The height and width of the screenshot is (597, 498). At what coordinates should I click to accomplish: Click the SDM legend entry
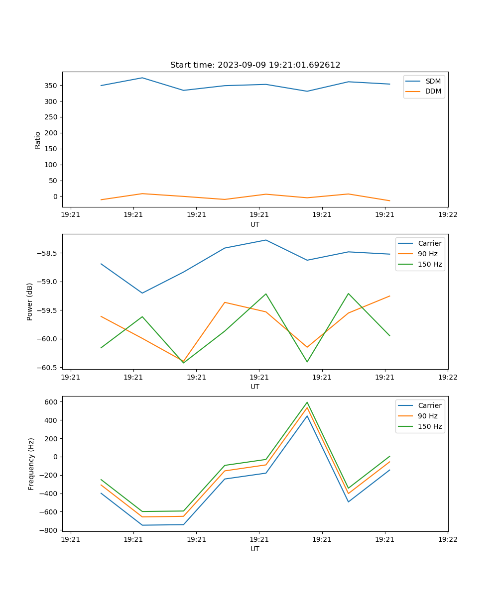(x=433, y=81)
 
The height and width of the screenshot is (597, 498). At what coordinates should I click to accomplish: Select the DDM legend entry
(x=433, y=92)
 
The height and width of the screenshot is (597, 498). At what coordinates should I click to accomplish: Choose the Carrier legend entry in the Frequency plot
(x=429, y=405)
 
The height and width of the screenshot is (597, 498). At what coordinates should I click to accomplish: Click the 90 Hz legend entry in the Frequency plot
(x=427, y=416)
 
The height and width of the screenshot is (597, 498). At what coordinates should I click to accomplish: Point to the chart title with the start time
(x=255, y=65)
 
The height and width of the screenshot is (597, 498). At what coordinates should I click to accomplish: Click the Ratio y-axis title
(x=38, y=140)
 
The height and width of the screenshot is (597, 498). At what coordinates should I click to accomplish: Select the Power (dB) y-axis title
(x=30, y=301)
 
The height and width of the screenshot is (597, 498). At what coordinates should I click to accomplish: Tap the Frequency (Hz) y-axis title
(x=31, y=464)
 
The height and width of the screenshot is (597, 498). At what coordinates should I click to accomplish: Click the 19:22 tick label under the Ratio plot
(x=447, y=214)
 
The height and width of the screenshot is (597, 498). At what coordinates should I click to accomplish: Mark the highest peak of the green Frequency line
(x=307, y=402)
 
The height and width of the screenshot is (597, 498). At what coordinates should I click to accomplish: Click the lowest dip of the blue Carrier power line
(x=142, y=293)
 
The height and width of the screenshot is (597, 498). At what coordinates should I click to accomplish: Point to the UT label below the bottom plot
(x=255, y=549)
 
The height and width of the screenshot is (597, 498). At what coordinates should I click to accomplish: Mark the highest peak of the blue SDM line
(x=142, y=78)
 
